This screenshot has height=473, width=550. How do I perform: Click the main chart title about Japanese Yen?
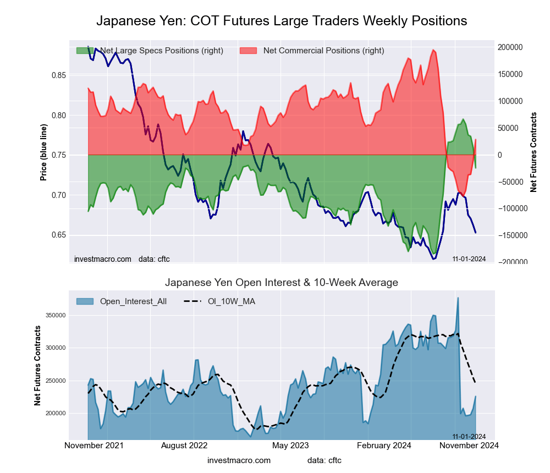tap(282, 21)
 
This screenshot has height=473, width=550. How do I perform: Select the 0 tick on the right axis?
tap(501, 155)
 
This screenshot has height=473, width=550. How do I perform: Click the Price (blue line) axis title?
tap(43, 153)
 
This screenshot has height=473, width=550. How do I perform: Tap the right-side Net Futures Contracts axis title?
tap(533, 152)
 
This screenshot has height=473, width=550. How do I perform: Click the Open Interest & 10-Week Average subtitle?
tap(282, 283)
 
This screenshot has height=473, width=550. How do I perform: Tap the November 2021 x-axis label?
tap(94, 446)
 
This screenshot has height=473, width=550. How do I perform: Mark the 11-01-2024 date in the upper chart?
tap(469, 258)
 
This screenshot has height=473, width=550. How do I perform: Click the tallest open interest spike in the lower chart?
tap(458, 299)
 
